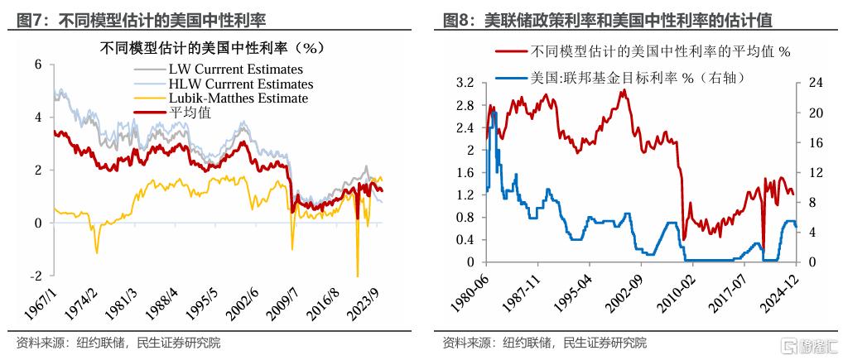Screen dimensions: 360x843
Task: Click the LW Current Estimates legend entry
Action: click(235, 69)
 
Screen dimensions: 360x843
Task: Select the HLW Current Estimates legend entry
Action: click(240, 84)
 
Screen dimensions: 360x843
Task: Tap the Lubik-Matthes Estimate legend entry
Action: click(238, 98)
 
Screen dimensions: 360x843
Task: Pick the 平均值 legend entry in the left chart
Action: click(190, 113)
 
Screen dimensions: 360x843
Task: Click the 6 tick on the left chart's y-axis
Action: click(38, 64)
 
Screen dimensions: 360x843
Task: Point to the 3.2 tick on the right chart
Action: click(465, 84)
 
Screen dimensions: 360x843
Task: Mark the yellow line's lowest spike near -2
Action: click(358, 275)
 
